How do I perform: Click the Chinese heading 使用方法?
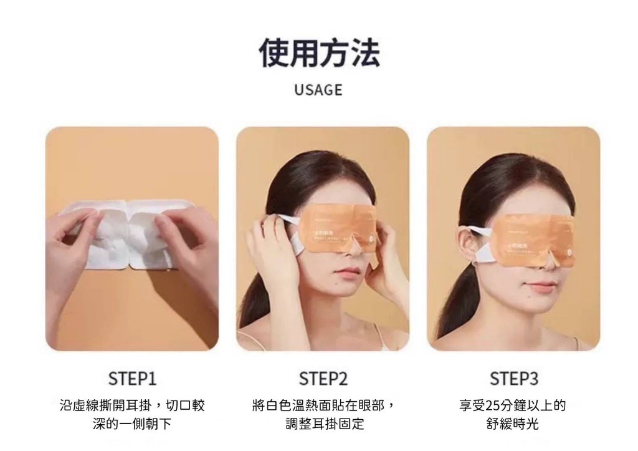(x=319, y=52)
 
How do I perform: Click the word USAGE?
(x=318, y=90)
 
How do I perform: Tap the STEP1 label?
(x=132, y=379)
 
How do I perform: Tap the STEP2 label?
(x=323, y=379)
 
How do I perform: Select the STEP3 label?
(x=513, y=379)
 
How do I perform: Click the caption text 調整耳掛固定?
(x=323, y=425)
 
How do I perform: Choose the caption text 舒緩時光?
(x=513, y=425)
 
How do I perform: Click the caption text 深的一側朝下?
(x=132, y=425)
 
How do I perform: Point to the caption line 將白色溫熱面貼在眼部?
(x=318, y=406)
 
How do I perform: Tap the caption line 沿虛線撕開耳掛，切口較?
(x=132, y=406)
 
